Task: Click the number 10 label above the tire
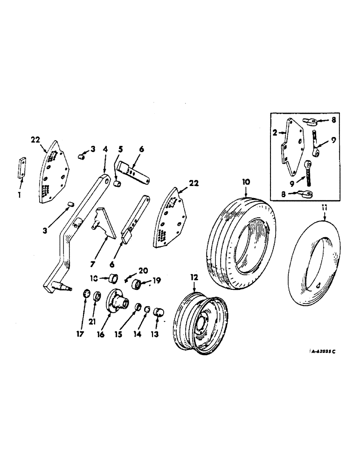[x=245, y=181]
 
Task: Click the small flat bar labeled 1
[x=21, y=168]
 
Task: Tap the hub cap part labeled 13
[x=160, y=311]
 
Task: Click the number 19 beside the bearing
[x=156, y=281]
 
